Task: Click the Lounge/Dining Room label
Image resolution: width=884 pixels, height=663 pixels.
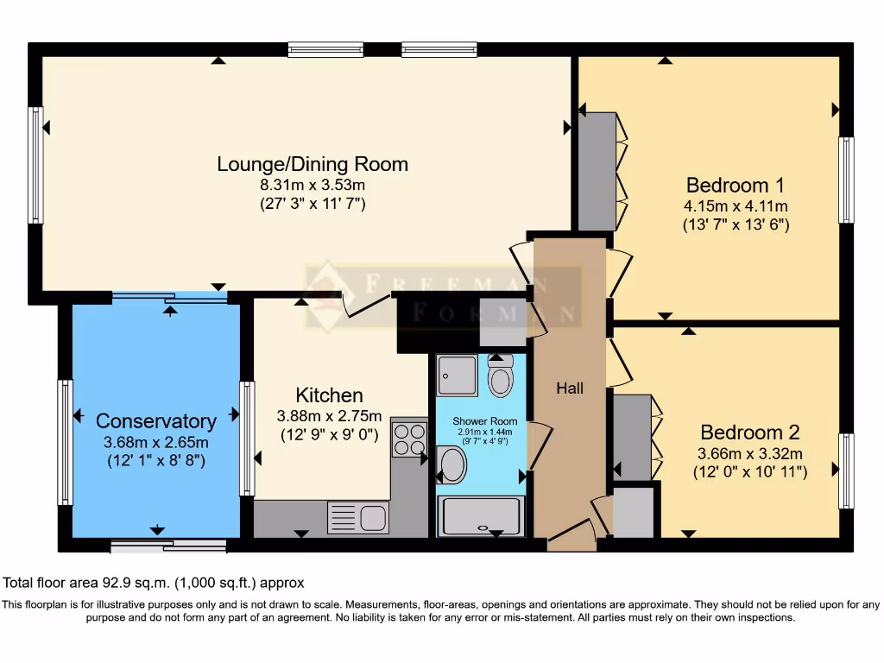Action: coord(312,164)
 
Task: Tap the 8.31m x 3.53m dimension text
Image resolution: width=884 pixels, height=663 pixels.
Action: coord(312,185)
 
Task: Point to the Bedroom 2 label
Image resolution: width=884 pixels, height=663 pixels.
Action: coord(749,433)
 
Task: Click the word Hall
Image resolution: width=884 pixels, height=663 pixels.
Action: coord(569,388)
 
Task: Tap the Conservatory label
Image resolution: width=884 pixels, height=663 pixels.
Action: coord(155,421)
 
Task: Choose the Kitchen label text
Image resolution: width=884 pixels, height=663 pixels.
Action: coord(330,395)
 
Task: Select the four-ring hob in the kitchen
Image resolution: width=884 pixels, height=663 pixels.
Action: coord(409,439)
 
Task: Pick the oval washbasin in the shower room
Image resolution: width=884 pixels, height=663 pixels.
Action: coord(451,465)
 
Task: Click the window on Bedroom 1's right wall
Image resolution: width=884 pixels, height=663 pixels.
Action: coord(846,180)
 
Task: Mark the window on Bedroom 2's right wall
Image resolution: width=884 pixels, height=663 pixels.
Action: coord(846,470)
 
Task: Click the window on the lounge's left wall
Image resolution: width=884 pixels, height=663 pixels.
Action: coord(35,165)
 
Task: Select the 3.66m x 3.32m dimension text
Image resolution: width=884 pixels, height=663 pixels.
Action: coord(749,454)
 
